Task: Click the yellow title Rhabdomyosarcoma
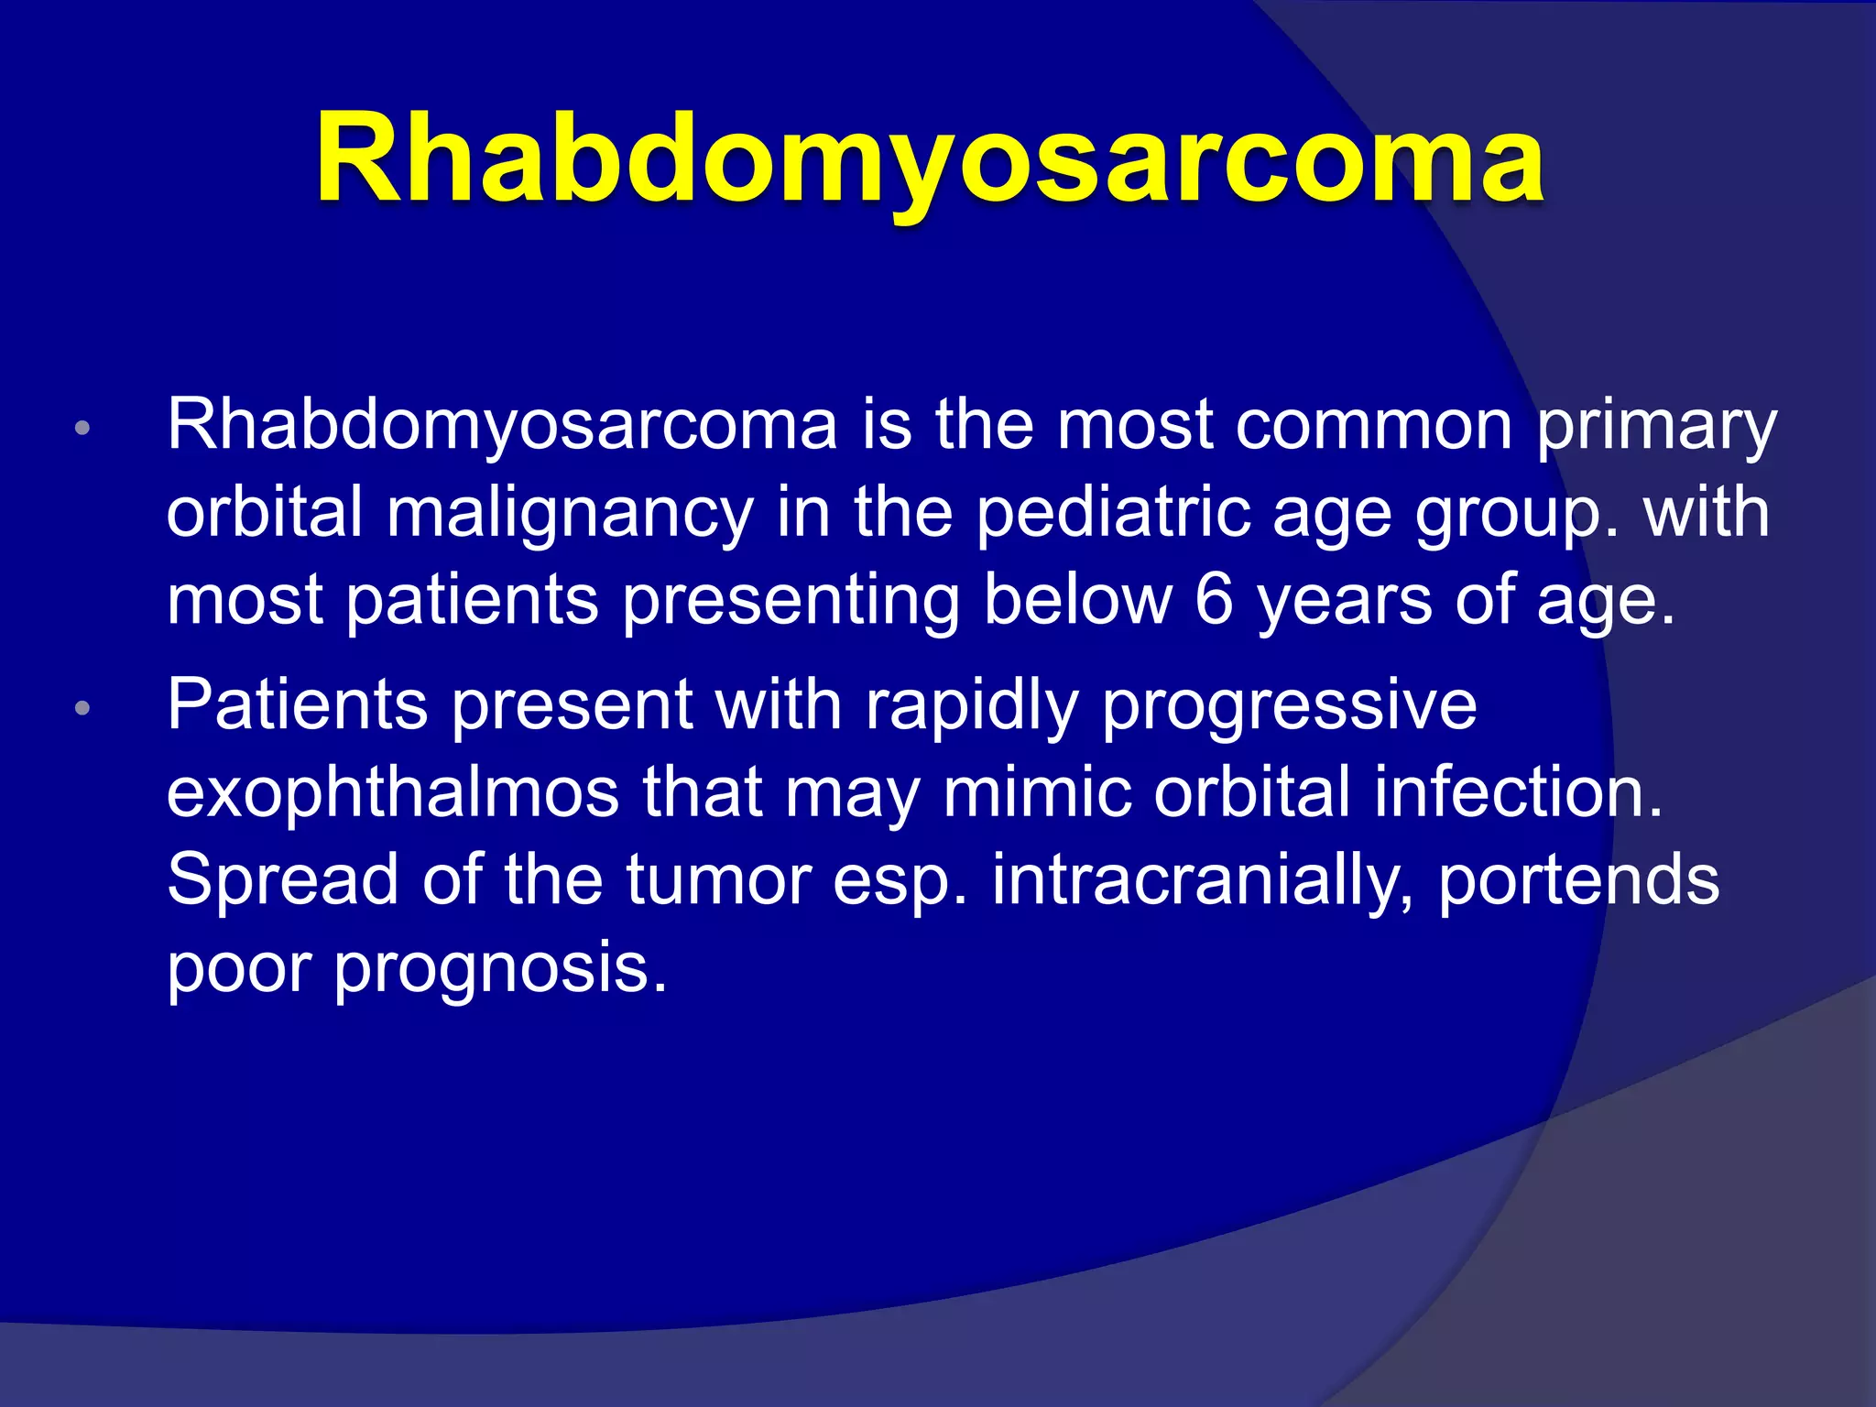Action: [929, 158]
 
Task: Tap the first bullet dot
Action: [82, 428]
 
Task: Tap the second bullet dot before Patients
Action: [82, 708]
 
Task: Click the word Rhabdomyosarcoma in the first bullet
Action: [502, 426]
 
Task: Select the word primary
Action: [1656, 426]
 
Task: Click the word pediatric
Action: [1113, 513]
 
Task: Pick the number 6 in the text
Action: [1215, 600]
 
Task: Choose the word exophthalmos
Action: [393, 792]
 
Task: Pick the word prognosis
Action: [500, 969]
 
